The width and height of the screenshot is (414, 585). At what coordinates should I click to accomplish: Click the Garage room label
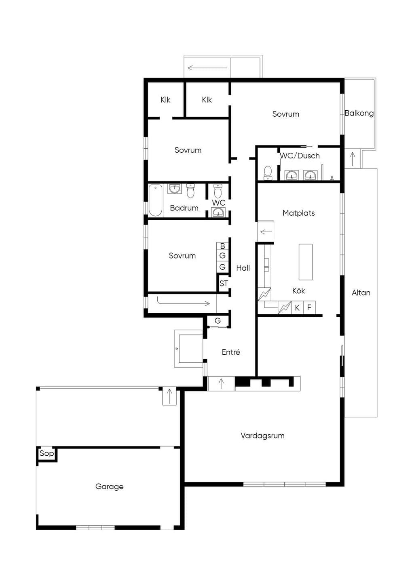tap(109, 486)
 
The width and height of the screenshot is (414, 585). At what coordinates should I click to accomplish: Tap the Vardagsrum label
tap(262, 436)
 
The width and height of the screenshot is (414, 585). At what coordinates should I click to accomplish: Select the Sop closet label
tap(46, 453)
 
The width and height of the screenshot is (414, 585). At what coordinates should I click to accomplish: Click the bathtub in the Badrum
tap(155, 200)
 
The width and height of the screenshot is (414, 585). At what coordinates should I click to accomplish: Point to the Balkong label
tap(359, 113)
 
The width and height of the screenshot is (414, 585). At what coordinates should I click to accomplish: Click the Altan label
tap(361, 293)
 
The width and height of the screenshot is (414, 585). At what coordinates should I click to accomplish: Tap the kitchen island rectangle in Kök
tap(306, 262)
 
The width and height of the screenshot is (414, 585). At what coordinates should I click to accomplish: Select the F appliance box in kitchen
tap(309, 307)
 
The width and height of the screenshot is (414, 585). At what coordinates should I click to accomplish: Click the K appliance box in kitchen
tap(297, 307)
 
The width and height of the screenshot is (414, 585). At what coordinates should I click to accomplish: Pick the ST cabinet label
tap(224, 283)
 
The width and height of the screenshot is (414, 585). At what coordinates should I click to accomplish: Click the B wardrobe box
tap(222, 246)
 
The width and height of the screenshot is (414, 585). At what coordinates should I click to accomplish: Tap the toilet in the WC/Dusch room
tap(268, 173)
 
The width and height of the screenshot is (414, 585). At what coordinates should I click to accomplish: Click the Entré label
tap(231, 352)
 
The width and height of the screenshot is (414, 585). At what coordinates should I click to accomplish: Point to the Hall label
tap(243, 268)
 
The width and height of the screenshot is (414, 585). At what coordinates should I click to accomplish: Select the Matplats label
tap(298, 213)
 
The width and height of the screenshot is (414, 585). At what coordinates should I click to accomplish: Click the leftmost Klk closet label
tap(165, 100)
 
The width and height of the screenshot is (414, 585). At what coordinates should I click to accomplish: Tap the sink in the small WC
tap(218, 213)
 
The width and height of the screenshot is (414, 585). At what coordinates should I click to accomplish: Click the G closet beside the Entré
tap(218, 320)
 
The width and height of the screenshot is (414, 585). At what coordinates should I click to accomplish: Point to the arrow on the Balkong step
tap(353, 159)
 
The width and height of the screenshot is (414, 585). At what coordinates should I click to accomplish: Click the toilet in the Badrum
tap(190, 191)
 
